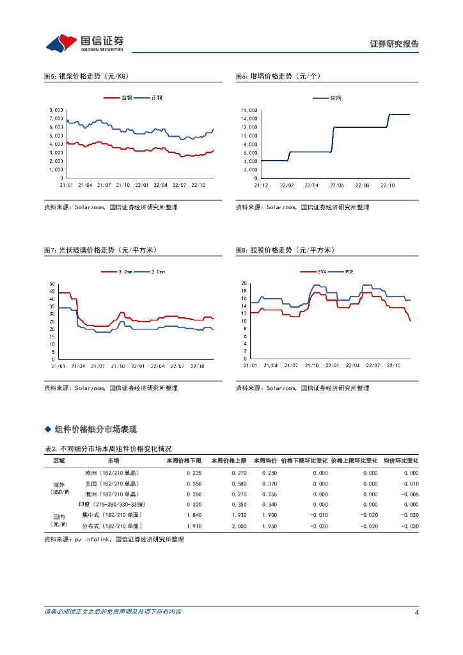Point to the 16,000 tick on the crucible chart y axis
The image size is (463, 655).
[249, 110]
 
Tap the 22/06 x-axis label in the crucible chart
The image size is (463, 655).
[336, 185]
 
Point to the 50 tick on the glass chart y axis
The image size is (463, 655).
[52, 283]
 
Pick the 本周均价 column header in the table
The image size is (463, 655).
[264, 461]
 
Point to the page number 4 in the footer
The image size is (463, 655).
[416, 612]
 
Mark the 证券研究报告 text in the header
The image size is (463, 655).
[395, 44]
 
